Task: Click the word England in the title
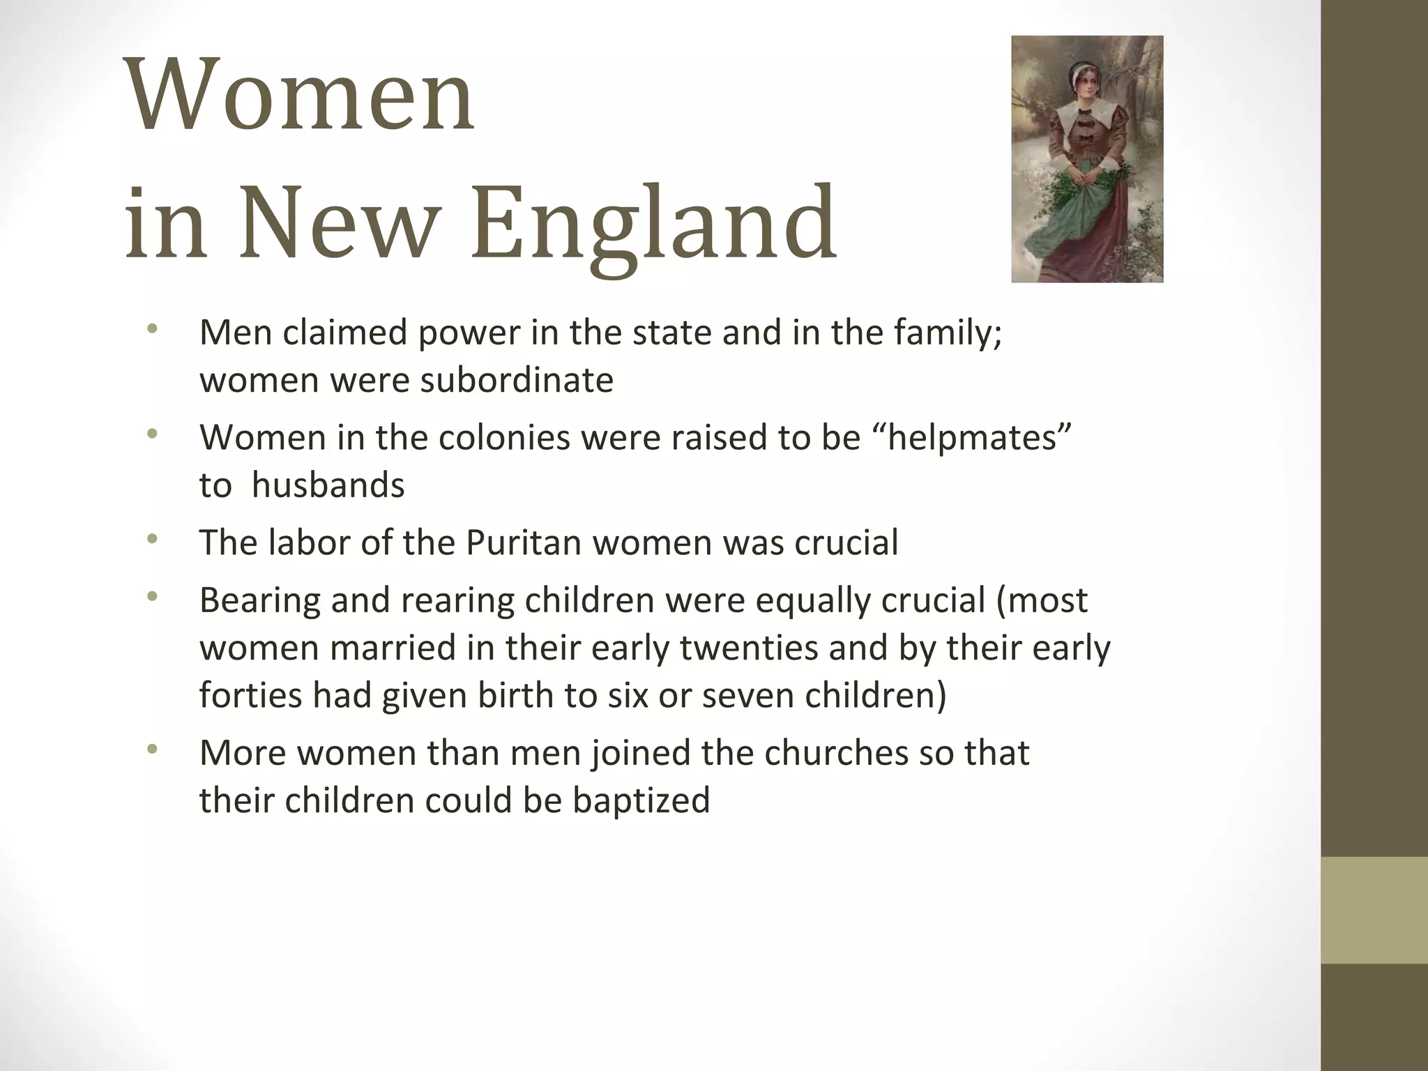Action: pyautogui.click(x=653, y=223)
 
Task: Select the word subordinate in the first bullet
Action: pyautogui.click(x=517, y=380)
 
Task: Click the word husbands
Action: pyautogui.click(x=328, y=485)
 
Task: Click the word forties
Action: pyautogui.click(x=250, y=695)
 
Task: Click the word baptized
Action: pyautogui.click(x=641, y=800)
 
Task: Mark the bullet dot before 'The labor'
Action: pyautogui.click(x=153, y=539)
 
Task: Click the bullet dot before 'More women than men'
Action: pyautogui.click(x=153, y=750)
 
